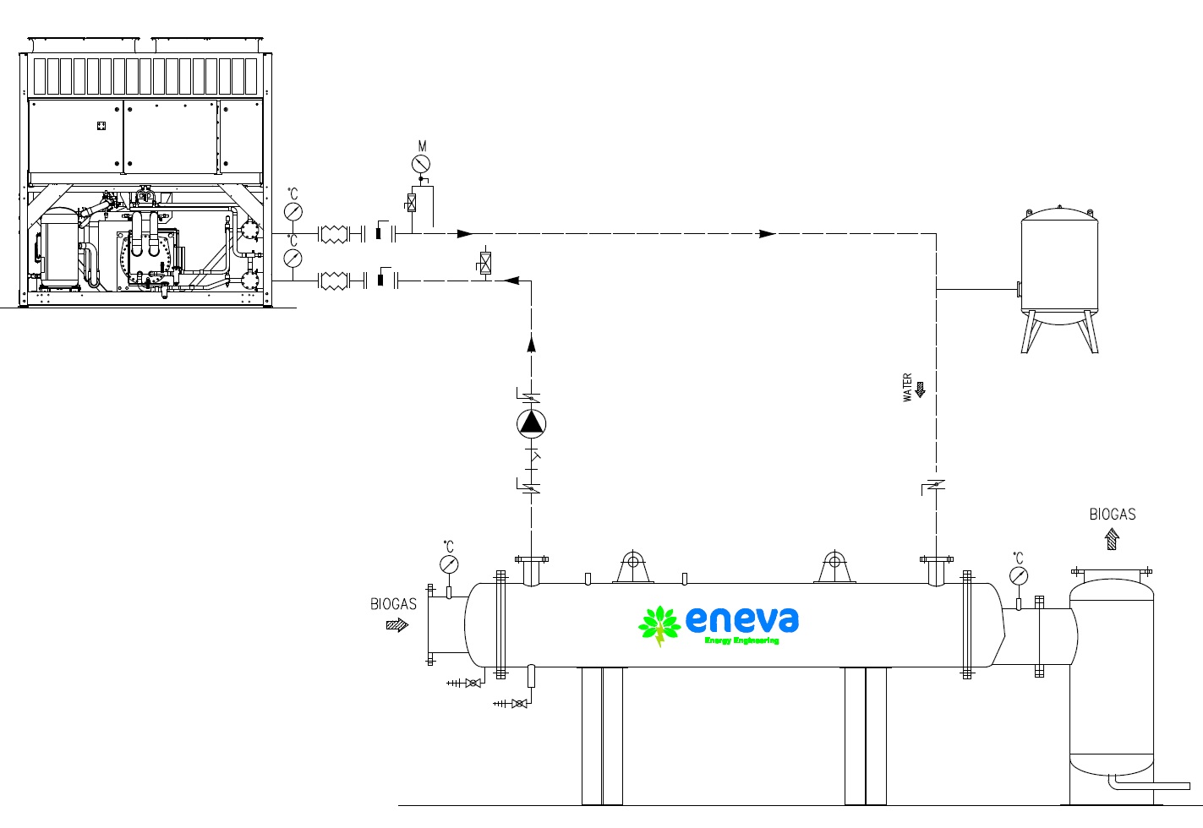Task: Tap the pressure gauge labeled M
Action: click(x=421, y=164)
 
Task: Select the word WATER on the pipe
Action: click(x=908, y=388)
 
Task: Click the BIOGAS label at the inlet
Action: click(x=393, y=604)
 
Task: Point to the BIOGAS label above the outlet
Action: click(x=1112, y=515)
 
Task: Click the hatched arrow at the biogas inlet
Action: click(x=396, y=625)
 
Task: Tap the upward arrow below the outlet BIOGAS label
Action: click(x=1112, y=539)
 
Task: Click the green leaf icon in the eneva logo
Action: click(x=659, y=625)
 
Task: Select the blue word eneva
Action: click(x=741, y=619)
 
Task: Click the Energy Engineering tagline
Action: click(x=741, y=640)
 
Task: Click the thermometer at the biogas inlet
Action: click(x=449, y=564)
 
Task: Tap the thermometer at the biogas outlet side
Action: click(x=1019, y=576)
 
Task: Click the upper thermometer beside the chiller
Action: click(x=293, y=211)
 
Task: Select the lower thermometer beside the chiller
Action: click(x=293, y=257)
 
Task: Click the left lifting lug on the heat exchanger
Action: click(x=632, y=565)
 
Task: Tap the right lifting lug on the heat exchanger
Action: click(x=834, y=565)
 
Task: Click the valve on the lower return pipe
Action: click(x=485, y=263)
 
